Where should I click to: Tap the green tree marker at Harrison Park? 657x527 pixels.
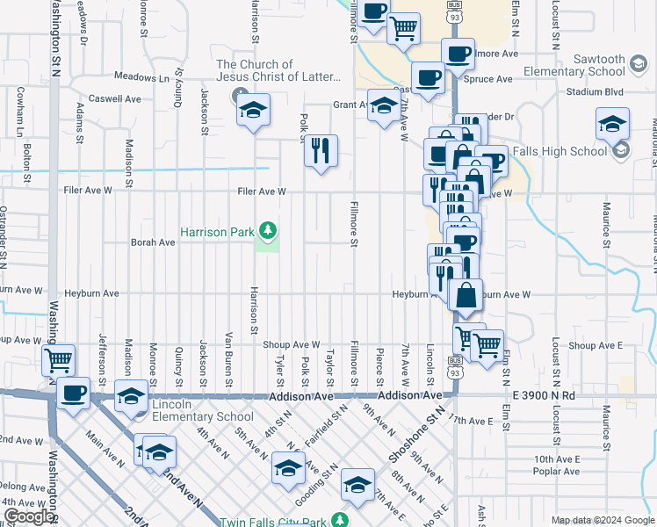[268, 232]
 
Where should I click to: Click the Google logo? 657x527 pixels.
[29, 516]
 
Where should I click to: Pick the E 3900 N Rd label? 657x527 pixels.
[538, 396]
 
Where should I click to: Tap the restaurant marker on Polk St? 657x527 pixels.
[321, 151]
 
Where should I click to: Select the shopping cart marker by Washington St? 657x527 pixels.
[58, 360]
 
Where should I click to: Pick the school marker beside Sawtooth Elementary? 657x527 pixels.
[612, 124]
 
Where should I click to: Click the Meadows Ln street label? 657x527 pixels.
[140, 78]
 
